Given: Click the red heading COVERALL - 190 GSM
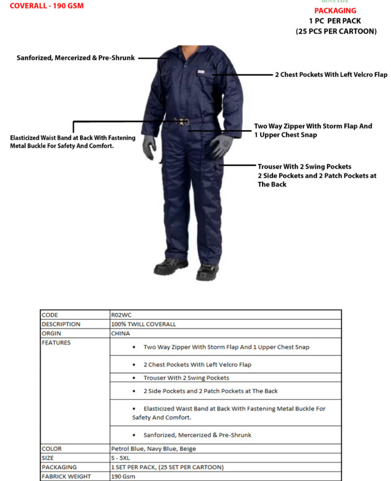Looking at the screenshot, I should pyautogui.click(x=47, y=6).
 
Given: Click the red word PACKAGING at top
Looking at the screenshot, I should pyautogui.click(x=335, y=11).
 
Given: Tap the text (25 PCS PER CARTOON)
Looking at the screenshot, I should pyautogui.click(x=336, y=31).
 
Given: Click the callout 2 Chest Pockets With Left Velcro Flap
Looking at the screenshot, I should pyautogui.click(x=331, y=74).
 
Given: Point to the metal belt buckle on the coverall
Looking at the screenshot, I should pyautogui.click(x=184, y=122).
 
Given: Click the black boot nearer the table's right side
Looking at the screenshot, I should pyautogui.click(x=207, y=271).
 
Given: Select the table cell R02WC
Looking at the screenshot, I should pyautogui.click(x=122, y=315).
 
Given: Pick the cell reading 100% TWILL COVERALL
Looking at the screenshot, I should pyautogui.click(x=143, y=324).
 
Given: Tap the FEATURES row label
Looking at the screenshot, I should pyautogui.click(x=56, y=342).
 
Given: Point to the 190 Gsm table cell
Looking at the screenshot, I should pyautogui.click(x=123, y=476).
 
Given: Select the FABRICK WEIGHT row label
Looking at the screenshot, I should pyautogui.click(x=66, y=476).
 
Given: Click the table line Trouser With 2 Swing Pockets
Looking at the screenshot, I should pyautogui.click(x=186, y=377).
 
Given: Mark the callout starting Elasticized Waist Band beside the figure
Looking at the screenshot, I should pyautogui.click(x=73, y=141).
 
